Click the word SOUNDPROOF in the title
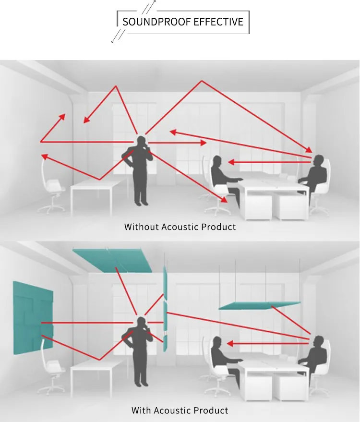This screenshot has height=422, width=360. [x=150, y=22]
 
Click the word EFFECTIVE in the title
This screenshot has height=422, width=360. [x=218, y=22]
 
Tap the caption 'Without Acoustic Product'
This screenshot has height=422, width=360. [x=180, y=227]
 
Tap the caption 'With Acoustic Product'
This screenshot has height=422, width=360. [x=180, y=410]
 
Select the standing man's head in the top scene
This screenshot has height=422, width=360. [x=141, y=141]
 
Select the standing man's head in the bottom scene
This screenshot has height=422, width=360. [x=141, y=323]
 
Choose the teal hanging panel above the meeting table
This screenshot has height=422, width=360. [x=259, y=305]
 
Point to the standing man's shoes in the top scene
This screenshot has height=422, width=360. [x=141, y=203]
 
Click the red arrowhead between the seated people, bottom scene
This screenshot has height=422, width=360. [x=230, y=344]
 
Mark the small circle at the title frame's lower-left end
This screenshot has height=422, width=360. [x=112, y=42]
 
